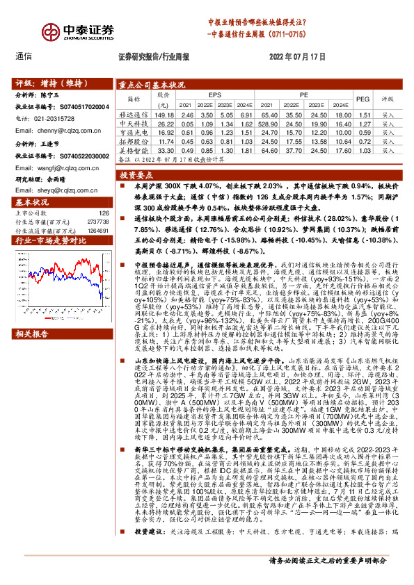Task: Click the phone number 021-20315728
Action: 55,119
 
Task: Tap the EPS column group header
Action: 215,94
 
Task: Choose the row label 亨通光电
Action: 135,131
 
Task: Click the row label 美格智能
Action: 135,149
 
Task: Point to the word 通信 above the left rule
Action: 24,58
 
